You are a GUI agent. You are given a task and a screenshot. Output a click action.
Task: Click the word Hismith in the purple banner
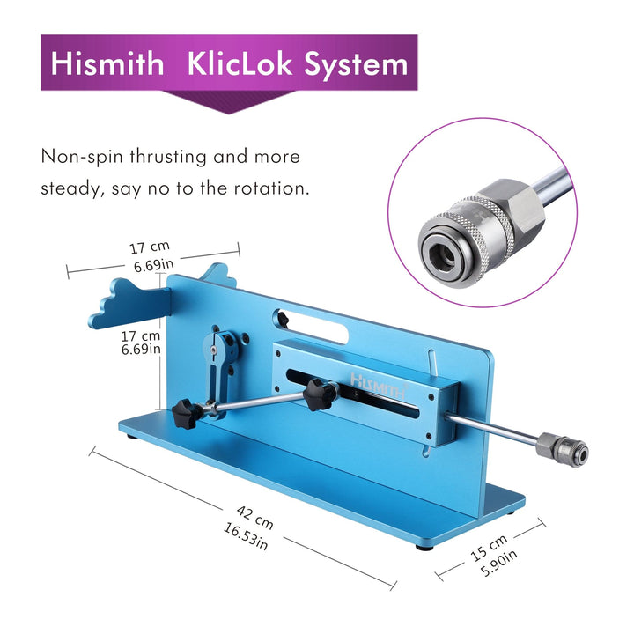(107, 63)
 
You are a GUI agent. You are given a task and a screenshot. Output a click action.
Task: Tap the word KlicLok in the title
(240, 63)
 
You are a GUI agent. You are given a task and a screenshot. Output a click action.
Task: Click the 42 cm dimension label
(254, 517)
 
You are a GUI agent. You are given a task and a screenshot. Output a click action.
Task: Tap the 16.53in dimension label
(246, 536)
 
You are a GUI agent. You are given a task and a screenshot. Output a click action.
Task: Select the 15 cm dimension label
(489, 549)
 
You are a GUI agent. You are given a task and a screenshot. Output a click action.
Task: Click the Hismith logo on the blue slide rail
(379, 386)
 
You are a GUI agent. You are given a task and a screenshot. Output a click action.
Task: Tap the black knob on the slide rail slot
(320, 394)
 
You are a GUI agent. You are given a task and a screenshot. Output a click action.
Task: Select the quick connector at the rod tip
(562, 449)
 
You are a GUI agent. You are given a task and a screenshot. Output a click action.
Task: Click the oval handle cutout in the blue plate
(313, 328)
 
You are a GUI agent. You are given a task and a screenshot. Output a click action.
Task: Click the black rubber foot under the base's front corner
(424, 548)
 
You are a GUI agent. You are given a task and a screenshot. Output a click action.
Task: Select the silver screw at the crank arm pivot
(213, 350)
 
